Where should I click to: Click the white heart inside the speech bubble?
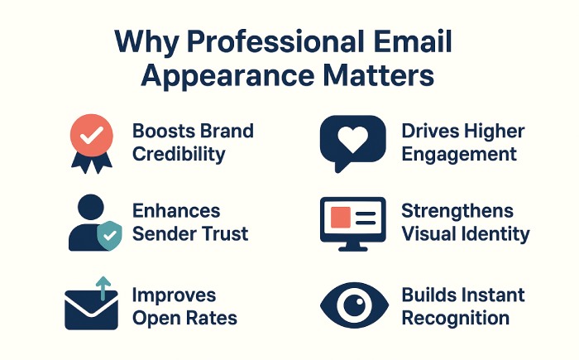[352, 137]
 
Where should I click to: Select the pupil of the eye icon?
[353, 305]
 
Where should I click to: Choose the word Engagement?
[459, 153]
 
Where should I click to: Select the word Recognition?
[455, 318]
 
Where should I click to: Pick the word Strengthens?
[457, 211]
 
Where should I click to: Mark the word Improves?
[174, 295]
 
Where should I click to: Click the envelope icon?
[91, 311]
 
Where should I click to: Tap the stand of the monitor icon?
[352, 245]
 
